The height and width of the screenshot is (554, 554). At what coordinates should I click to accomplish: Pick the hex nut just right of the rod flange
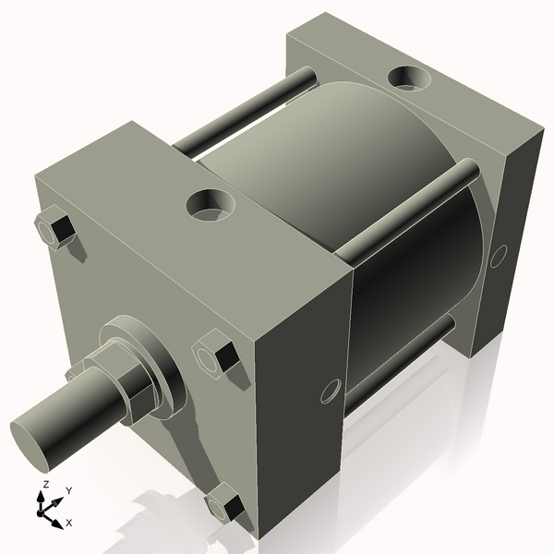[218, 358]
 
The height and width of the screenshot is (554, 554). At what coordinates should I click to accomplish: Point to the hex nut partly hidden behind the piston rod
[74, 372]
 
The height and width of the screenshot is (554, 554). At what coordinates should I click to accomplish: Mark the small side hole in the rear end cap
[499, 256]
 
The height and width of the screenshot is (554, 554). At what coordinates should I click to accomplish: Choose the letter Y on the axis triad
[68, 491]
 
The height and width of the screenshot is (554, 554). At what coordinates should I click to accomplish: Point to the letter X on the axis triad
[68, 523]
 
